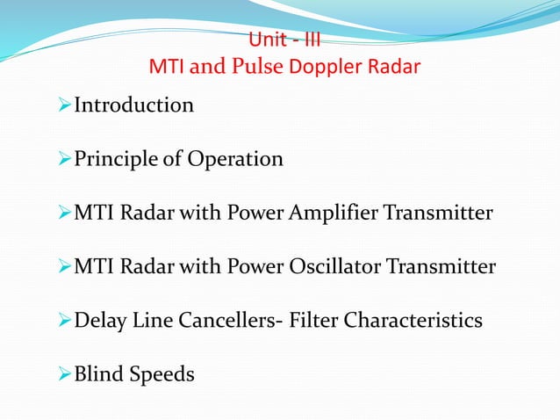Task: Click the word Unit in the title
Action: coord(268,40)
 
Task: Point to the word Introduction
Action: coord(133,105)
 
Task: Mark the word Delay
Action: coord(99,321)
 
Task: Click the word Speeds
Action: coord(162,375)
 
